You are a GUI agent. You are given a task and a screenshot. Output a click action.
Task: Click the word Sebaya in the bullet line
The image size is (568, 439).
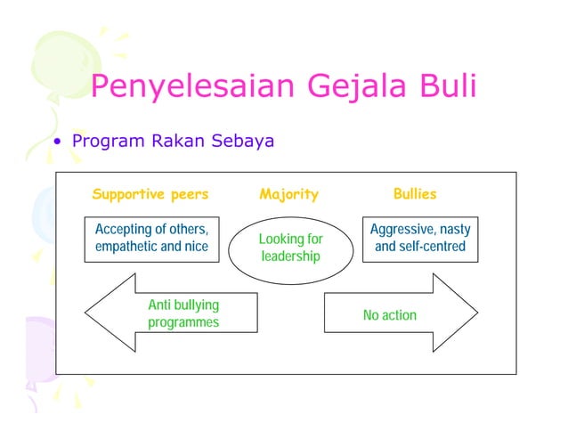[240, 142]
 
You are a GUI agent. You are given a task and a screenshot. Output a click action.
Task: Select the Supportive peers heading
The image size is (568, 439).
[150, 194]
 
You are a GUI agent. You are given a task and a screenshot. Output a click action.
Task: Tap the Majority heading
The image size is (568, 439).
[288, 194]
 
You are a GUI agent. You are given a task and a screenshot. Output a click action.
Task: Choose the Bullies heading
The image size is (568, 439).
[415, 194]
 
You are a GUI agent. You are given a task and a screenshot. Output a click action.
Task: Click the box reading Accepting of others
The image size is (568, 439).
[151, 238]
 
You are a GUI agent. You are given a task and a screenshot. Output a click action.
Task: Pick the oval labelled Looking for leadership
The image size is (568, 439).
[290, 248]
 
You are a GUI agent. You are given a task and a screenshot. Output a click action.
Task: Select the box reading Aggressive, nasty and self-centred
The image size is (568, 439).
[420, 238]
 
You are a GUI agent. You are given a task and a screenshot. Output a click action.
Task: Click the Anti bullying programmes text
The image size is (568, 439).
[183, 313]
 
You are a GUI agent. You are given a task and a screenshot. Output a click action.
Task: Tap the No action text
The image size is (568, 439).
[389, 315]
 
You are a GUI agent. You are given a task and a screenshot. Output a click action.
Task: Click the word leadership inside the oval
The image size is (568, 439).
[290, 257]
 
